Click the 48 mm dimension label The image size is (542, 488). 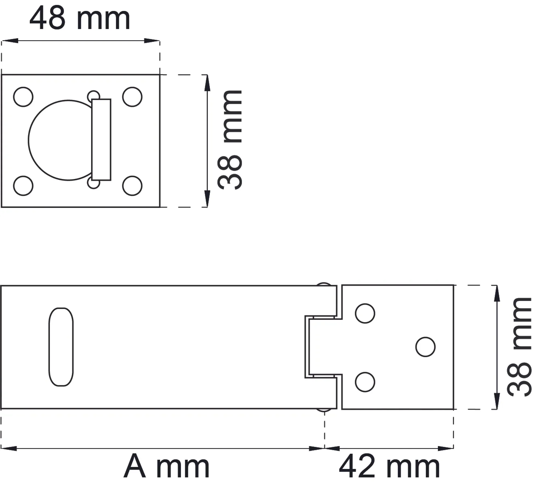tap(80, 18)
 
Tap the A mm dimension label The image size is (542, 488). tap(166, 466)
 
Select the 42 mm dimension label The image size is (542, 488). tap(389, 466)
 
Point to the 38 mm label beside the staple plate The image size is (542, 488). tap(230, 140)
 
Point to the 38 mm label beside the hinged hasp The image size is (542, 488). tap(519, 347)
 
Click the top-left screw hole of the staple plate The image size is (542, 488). tap(23, 97)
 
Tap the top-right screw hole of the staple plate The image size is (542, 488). tap(132, 97)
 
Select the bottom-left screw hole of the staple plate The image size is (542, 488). tap(23, 186)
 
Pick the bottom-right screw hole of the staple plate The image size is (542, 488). tap(132, 186)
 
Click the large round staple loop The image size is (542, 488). tap(28, 140)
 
